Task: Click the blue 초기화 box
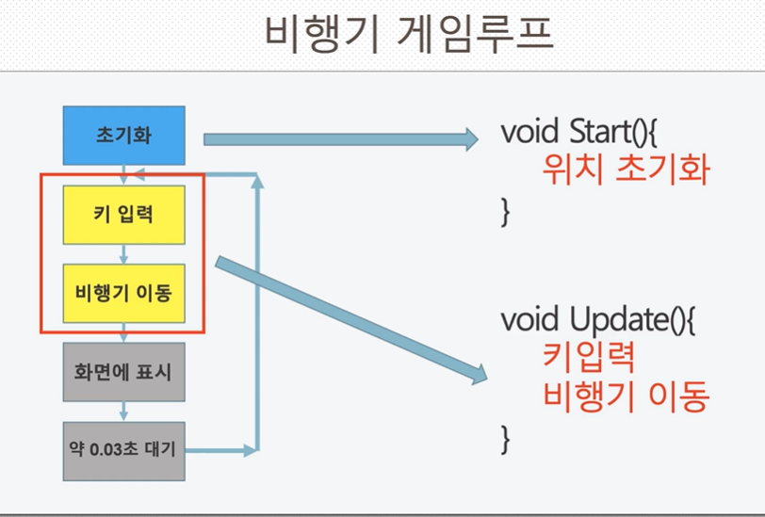(x=124, y=135)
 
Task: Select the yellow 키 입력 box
(x=124, y=215)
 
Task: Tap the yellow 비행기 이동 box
(x=124, y=293)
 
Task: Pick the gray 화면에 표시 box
(x=124, y=372)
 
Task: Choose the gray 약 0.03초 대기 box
(x=124, y=451)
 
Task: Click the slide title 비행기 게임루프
(x=409, y=33)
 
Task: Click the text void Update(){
(x=598, y=319)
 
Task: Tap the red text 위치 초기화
(x=626, y=170)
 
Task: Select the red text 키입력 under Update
(x=589, y=357)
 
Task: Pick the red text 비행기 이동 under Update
(x=626, y=396)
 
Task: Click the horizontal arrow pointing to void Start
(x=341, y=139)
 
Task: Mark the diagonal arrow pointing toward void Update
(x=351, y=320)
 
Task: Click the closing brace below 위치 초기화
(x=505, y=211)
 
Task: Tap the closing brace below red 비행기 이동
(x=505, y=439)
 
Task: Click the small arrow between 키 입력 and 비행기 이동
(x=124, y=254)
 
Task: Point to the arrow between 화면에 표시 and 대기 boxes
(x=124, y=412)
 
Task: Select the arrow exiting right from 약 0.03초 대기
(x=221, y=451)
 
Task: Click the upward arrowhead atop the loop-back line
(x=257, y=182)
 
